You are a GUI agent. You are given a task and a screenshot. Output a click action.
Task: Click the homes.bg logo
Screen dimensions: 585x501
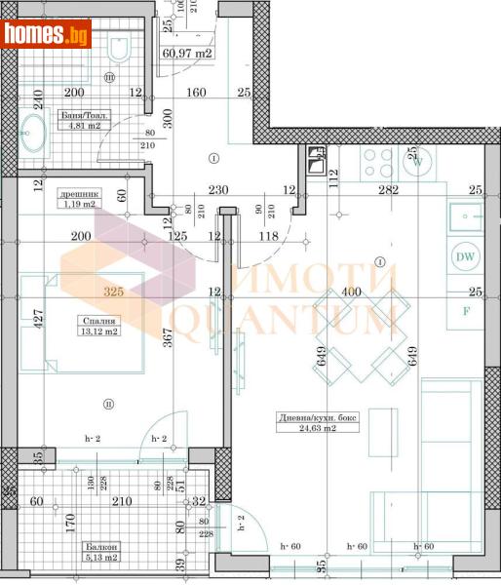click(46, 35)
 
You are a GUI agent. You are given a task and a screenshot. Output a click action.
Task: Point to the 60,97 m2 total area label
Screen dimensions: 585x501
click(188, 54)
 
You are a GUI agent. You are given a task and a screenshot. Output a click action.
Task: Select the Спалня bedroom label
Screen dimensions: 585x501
click(98, 319)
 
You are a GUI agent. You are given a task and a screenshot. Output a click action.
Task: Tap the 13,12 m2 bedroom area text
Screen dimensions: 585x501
click(97, 330)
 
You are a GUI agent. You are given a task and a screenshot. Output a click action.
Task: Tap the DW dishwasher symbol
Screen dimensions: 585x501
click(465, 257)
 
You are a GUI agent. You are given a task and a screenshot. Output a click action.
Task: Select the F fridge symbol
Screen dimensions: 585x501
click(466, 311)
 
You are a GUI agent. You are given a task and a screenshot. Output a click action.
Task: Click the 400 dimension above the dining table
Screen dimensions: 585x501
click(351, 292)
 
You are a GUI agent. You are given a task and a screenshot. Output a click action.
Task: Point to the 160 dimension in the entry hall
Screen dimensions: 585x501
click(196, 94)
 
